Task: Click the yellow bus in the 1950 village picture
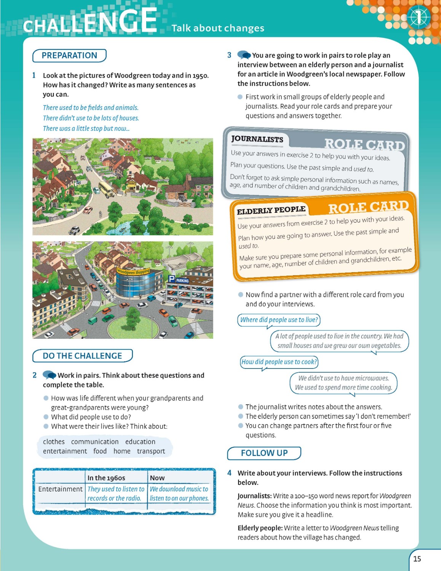click(x=106, y=189)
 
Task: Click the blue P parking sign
click(x=172, y=279)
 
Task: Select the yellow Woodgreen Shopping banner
click(x=133, y=271)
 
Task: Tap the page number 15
click(x=417, y=559)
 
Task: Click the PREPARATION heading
click(x=69, y=56)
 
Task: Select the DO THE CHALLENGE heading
click(x=82, y=356)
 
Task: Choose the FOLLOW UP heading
click(x=264, y=453)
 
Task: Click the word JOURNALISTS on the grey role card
click(x=257, y=139)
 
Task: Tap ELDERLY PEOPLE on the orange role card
click(x=271, y=210)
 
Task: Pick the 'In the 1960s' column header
click(x=106, y=478)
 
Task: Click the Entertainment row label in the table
click(x=60, y=489)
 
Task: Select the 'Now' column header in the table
click(x=157, y=478)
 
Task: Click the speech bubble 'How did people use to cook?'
click(x=279, y=362)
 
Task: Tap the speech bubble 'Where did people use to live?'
click(x=279, y=320)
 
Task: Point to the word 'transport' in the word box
click(x=151, y=451)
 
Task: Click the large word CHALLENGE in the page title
click(x=90, y=22)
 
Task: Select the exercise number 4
click(x=229, y=473)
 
